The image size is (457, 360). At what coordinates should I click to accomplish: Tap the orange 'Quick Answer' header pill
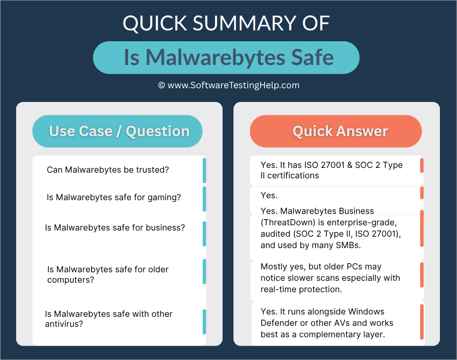point(336,131)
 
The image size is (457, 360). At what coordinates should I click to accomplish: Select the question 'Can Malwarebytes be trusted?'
point(108,170)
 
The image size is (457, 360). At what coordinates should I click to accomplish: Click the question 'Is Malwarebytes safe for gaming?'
point(114,197)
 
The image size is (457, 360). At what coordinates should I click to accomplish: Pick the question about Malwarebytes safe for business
point(115,228)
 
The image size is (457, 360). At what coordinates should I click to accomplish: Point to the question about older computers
point(108,275)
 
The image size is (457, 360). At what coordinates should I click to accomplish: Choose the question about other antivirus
point(109,319)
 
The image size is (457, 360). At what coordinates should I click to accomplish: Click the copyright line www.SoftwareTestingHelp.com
point(229,85)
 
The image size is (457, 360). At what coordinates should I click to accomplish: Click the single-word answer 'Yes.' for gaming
point(269,195)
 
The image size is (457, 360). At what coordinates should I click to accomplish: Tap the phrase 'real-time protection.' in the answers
point(301,289)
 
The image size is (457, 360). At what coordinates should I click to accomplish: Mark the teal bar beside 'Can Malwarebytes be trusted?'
point(204,170)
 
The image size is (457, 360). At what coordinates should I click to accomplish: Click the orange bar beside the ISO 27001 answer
point(422,166)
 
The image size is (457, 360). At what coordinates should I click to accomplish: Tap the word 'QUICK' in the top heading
point(151,24)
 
